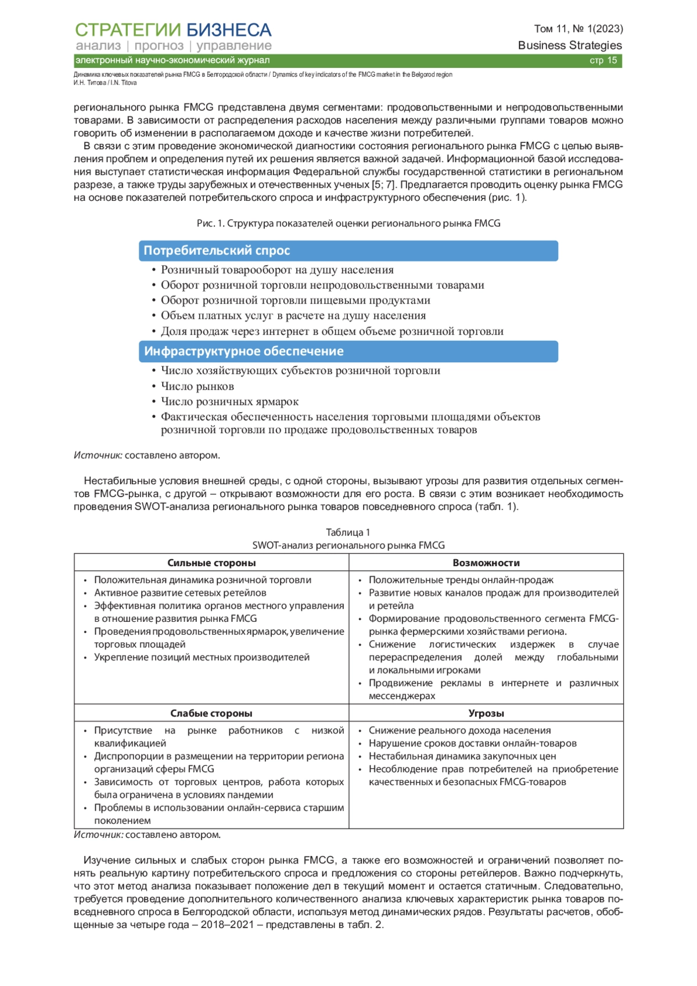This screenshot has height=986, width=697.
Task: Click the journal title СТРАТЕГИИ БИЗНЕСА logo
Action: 173,30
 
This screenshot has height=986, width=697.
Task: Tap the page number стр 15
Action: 603,60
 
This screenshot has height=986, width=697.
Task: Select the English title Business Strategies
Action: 570,45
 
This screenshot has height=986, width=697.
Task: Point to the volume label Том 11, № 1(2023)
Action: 579,28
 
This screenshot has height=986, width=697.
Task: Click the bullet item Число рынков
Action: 197,386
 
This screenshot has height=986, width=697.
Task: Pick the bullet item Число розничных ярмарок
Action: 229,401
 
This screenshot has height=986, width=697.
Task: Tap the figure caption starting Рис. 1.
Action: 348,224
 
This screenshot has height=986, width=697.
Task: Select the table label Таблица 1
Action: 348,532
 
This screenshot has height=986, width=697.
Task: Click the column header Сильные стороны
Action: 211,563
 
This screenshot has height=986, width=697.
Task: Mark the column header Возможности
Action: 486,563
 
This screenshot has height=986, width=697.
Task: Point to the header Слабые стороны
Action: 211,713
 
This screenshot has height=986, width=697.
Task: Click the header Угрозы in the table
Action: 486,713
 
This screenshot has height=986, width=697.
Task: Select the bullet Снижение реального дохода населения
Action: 459,730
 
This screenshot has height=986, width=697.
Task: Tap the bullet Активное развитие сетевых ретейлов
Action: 180,593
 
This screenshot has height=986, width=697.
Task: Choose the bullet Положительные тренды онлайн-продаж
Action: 461,580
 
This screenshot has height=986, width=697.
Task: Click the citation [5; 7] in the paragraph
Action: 383,185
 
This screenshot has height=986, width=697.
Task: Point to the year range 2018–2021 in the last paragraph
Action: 228,924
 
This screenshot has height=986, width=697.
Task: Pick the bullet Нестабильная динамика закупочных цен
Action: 462,756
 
